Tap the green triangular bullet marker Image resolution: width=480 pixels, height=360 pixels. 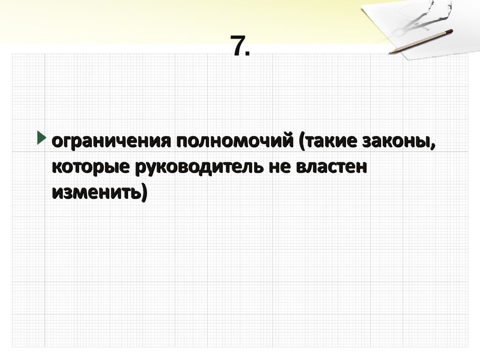(42, 139)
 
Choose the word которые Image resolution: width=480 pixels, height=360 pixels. (92, 167)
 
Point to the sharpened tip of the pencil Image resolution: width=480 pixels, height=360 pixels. (390, 52)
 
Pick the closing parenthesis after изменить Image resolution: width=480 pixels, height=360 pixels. (143, 193)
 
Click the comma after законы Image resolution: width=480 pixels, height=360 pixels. (431, 146)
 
